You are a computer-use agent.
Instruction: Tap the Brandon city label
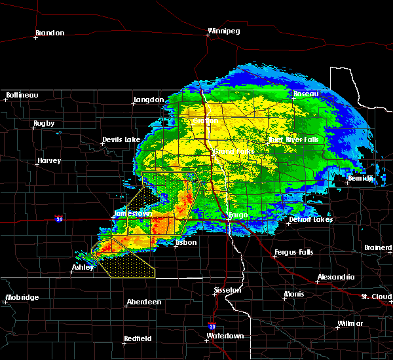pyautogui.click(x=50, y=33)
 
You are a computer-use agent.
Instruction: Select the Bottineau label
pyautogui.click(x=22, y=96)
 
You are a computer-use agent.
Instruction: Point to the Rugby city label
pyautogui.click(x=44, y=123)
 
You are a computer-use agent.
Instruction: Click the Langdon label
pyautogui.click(x=149, y=100)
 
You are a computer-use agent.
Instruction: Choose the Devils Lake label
pyautogui.click(x=121, y=140)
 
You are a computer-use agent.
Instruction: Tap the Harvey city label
pyautogui.click(x=49, y=160)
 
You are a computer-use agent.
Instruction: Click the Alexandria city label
pyautogui.click(x=335, y=278)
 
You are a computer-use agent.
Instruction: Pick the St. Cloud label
pyautogui.click(x=378, y=297)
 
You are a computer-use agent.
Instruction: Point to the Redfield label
pyautogui.click(x=138, y=338)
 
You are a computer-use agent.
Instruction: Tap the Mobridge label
pyautogui.click(x=22, y=298)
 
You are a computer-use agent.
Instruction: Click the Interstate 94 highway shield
pyautogui.click(x=60, y=219)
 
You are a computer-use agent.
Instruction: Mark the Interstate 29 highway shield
pyautogui.click(x=212, y=325)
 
